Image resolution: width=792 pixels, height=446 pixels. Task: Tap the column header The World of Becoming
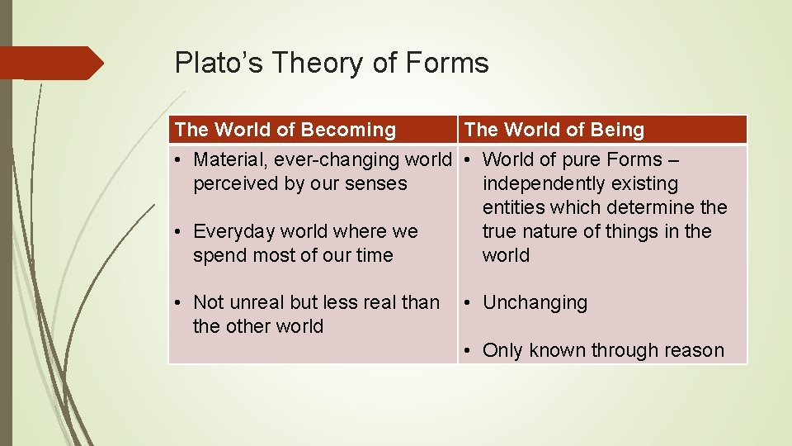pos(285,130)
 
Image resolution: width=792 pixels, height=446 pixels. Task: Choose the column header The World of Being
pos(554,130)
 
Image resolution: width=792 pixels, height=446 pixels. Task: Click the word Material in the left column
pos(227,159)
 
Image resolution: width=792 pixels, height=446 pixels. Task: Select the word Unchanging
pos(535,302)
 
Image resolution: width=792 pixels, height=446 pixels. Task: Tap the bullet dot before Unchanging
pos(467,303)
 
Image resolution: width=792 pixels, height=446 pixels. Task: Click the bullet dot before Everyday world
pos(177,232)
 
